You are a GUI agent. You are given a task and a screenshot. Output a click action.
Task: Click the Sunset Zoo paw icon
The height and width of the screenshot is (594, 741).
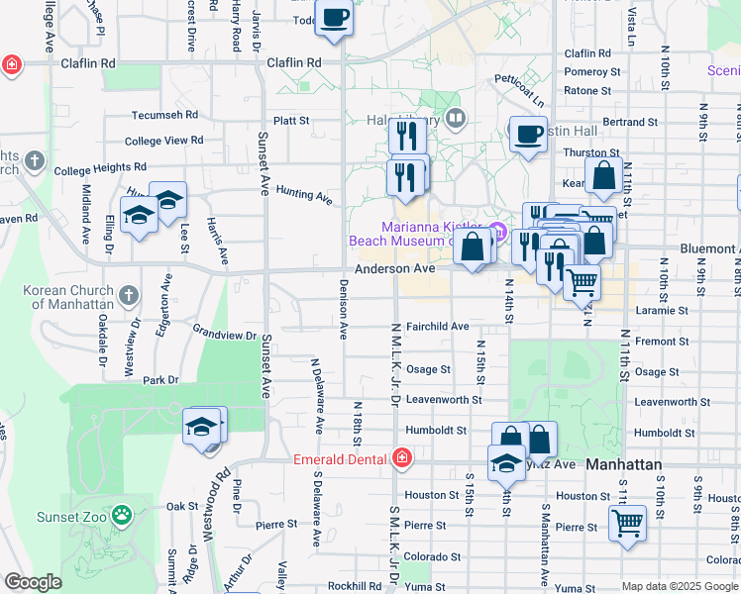[121, 515]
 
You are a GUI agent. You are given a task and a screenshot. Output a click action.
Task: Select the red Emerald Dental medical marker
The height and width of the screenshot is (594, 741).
[401, 457]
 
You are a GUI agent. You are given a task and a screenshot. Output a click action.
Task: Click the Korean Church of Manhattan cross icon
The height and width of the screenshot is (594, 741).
[129, 294]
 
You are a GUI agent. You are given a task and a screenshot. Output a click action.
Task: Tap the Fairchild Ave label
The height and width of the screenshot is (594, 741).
[437, 326]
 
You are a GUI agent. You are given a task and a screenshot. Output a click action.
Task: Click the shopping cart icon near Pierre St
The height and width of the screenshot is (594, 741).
[627, 523]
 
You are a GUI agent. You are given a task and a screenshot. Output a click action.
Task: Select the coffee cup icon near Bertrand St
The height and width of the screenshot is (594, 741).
[528, 135]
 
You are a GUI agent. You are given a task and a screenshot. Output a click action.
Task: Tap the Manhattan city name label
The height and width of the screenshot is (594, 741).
[623, 463]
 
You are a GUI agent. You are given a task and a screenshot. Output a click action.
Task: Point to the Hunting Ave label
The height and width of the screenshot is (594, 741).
[303, 194]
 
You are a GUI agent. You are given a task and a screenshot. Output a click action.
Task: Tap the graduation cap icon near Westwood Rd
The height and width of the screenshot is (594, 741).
[202, 427]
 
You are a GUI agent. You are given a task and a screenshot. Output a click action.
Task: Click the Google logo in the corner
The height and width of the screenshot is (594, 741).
[33, 582]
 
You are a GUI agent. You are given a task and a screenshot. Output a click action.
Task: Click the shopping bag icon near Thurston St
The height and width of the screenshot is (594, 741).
[603, 177]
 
